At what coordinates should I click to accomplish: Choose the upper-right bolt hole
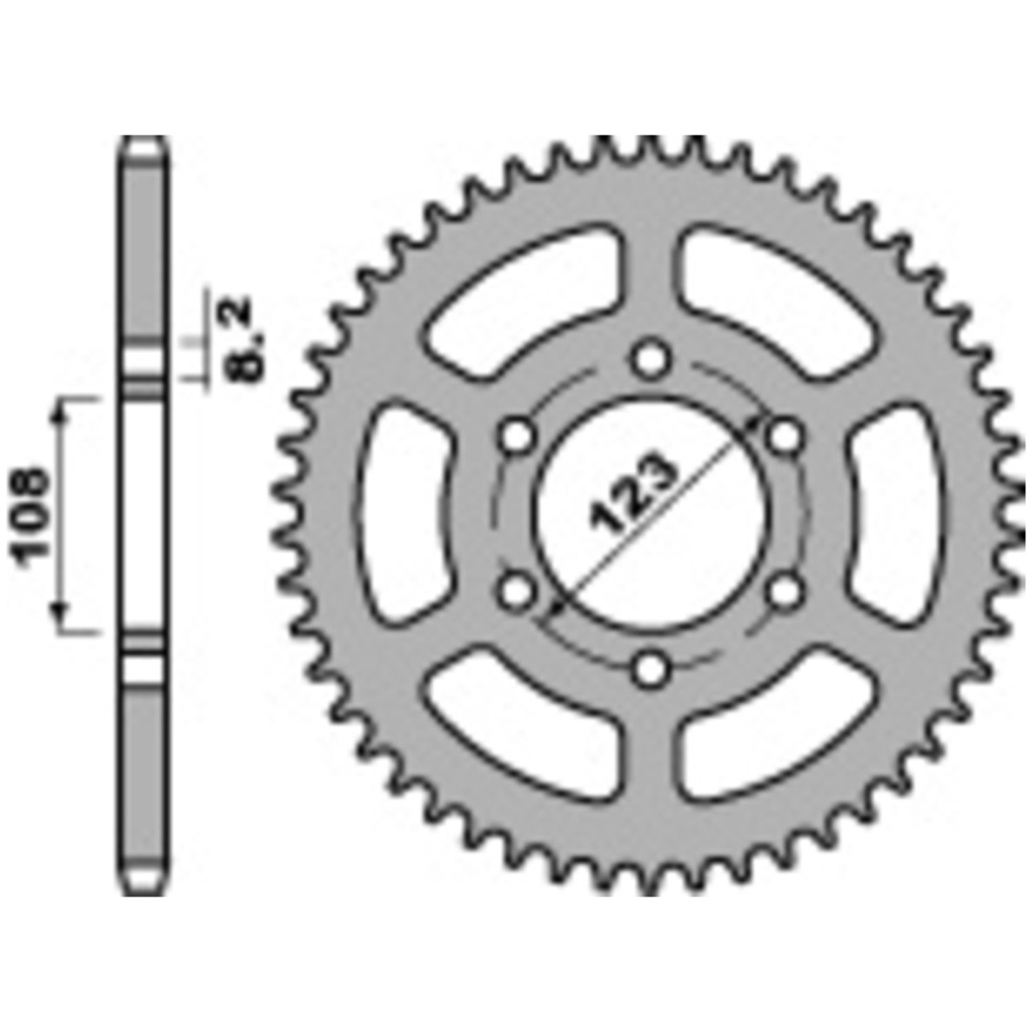785,436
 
